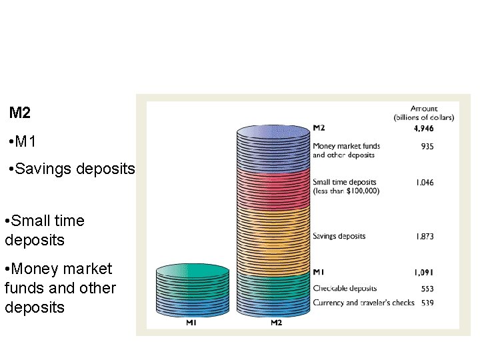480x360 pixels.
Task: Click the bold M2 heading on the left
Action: (x=20, y=113)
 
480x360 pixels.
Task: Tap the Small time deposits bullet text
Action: (x=45, y=230)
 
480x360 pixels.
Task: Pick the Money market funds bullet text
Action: (x=59, y=288)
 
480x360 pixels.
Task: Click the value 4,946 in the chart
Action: (x=423, y=128)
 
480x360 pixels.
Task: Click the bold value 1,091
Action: (x=423, y=272)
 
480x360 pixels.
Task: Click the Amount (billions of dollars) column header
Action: (x=423, y=113)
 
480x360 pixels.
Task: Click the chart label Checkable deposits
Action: (x=345, y=289)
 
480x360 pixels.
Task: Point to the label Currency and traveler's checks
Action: (x=363, y=303)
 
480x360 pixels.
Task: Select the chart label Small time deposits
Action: (x=345, y=186)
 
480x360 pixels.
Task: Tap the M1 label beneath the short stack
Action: (x=191, y=323)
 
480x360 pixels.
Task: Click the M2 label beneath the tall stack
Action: (x=276, y=323)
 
